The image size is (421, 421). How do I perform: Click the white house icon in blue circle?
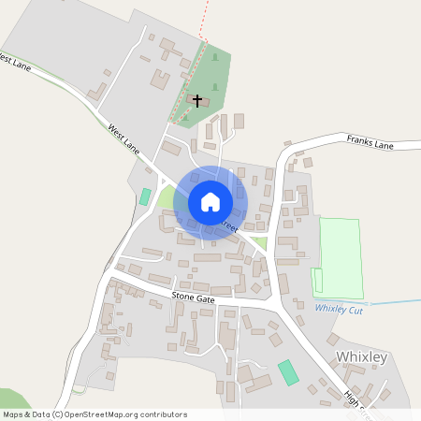[x=210, y=202]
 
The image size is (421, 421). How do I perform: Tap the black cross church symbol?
[x=197, y=98]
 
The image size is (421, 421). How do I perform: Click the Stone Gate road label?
[x=194, y=298]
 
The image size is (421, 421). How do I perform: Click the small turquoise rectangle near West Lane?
[x=145, y=196]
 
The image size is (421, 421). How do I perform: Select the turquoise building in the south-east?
[x=289, y=371]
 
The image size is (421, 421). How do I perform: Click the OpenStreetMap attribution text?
[x=94, y=414]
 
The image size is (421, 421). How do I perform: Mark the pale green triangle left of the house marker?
[x=167, y=197]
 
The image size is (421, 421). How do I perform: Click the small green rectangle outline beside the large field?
[x=316, y=280]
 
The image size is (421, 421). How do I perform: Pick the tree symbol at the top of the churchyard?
[x=215, y=58]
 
